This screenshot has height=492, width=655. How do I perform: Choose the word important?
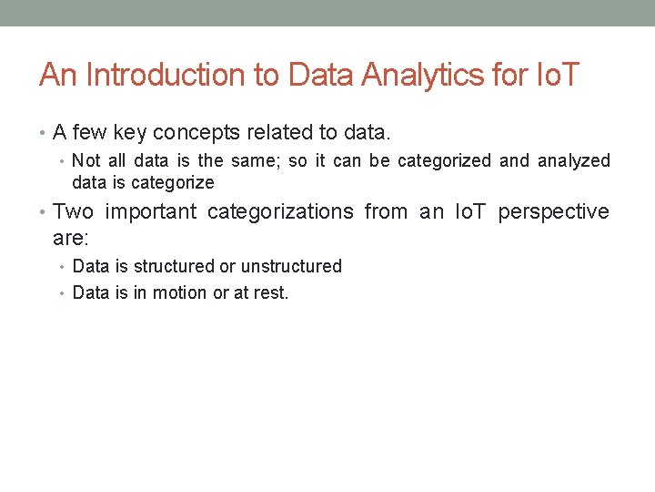point(151,212)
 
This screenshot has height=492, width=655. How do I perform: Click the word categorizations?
point(280,212)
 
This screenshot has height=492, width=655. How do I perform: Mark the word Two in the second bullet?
point(73,212)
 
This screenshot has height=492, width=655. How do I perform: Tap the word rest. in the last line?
point(270,293)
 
